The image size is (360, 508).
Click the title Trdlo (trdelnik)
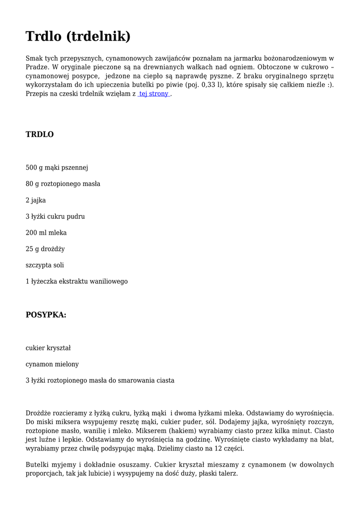[78, 36]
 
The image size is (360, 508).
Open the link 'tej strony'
[153, 94]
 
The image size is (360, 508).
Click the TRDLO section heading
[40, 134]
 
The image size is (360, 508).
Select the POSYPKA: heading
[46, 315]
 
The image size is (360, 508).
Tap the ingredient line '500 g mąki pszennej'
[57, 168]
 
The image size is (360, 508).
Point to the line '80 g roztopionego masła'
[63, 184]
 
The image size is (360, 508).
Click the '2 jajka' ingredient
[36, 200]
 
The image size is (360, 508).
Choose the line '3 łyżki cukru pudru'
[55, 217]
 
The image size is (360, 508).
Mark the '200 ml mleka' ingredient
[46, 233]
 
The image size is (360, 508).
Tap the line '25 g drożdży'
[45, 249]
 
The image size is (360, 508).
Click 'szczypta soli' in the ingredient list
[45, 265]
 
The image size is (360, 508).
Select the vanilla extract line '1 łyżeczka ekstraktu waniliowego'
[76, 281]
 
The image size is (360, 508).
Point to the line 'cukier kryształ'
[48, 348]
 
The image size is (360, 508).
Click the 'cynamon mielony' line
[52, 364]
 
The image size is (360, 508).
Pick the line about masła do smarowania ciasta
[100, 381]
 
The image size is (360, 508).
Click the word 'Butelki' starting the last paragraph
[38, 465]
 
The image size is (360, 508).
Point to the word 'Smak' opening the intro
[35, 58]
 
